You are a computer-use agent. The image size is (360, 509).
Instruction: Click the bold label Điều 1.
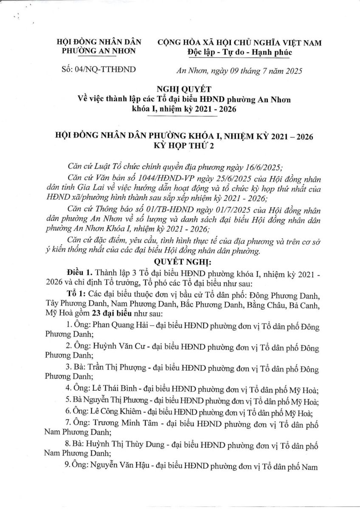point(78,271)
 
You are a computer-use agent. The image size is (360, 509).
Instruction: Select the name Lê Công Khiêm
point(115,411)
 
